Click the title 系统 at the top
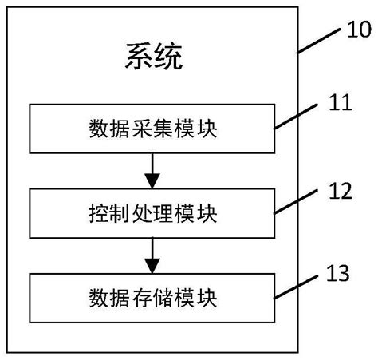[154, 57]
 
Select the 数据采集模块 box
[153, 129]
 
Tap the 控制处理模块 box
[153, 212]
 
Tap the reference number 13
[339, 274]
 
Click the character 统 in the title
[169, 57]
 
